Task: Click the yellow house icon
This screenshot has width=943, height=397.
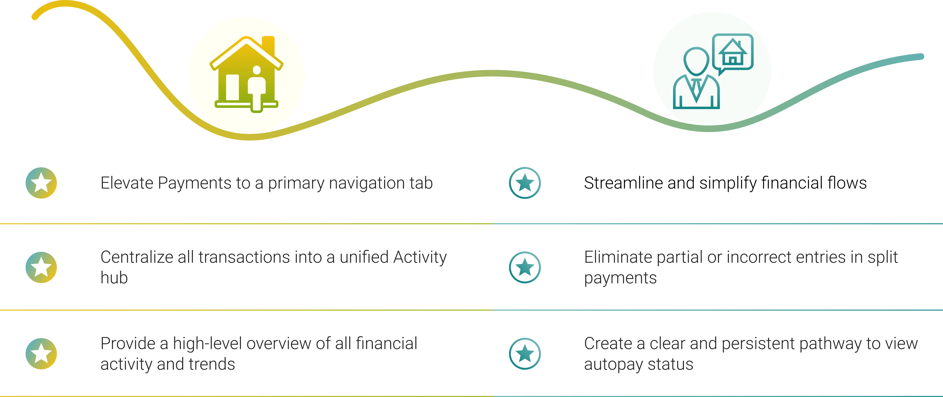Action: point(246,73)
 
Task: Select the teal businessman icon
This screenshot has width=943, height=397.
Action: point(696,79)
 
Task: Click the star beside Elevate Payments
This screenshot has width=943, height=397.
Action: point(41,183)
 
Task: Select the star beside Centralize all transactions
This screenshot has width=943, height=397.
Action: point(41,267)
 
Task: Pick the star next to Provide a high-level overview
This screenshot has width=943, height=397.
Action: point(41,354)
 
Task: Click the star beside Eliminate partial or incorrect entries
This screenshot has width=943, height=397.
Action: point(525,267)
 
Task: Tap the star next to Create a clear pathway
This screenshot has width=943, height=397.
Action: point(525,354)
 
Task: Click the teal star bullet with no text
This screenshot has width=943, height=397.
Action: point(525,183)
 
